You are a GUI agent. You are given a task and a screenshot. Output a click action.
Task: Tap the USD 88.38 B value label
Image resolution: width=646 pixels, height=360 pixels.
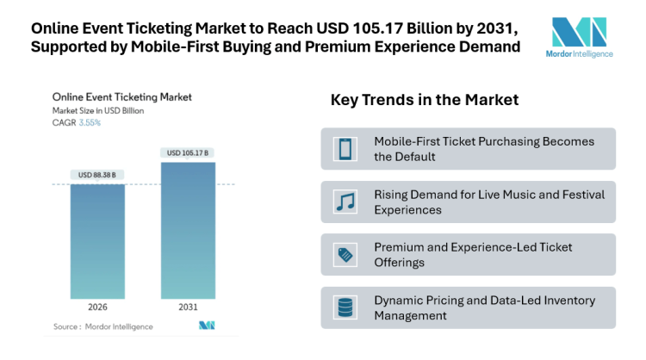[x=97, y=176]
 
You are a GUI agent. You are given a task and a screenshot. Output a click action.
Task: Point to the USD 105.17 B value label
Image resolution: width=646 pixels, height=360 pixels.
[x=188, y=153]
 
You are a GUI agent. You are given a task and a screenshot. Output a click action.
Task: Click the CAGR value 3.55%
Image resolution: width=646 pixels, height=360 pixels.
[x=90, y=122]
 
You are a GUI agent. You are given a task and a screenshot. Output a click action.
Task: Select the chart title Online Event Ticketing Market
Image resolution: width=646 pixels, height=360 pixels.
[x=122, y=97]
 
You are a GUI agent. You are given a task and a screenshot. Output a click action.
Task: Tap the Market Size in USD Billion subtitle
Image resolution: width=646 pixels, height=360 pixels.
[x=98, y=110]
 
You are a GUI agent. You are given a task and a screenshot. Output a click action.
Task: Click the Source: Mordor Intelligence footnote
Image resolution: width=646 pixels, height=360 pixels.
[x=103, y=326]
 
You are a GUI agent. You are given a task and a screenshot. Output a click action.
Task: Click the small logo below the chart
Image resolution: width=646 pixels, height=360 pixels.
[x=206, y=326]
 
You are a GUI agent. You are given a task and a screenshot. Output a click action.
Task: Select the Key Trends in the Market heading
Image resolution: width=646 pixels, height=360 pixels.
[x=424, y=100]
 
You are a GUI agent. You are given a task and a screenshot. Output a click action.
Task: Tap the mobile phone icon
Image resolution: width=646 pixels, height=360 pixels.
[x=345, y=149]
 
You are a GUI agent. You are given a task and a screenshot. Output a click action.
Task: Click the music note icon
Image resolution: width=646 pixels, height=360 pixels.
[x=345, y=202]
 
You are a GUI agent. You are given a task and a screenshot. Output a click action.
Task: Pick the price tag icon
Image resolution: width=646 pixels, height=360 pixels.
[x=345, y=254]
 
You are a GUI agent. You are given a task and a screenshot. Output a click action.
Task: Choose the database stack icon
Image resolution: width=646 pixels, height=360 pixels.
[x=345, y=307]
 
